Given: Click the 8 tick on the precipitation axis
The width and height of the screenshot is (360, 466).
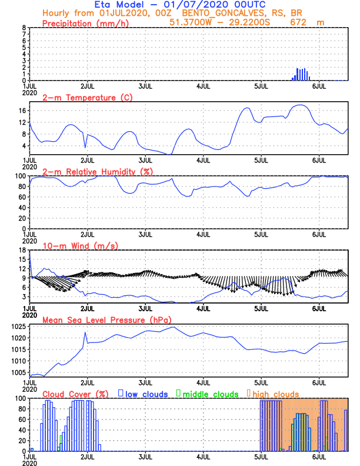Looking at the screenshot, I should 24,28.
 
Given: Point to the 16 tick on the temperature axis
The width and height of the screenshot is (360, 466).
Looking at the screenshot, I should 22,111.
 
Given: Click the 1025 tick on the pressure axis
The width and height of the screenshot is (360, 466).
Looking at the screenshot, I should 18,327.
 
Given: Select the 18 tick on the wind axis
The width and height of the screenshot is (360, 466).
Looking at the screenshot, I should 22,250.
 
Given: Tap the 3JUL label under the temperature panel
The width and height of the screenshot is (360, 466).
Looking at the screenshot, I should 145,160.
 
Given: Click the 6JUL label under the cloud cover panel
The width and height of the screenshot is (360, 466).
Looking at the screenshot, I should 319,457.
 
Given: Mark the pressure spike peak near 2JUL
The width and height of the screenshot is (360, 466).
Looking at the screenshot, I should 85,332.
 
